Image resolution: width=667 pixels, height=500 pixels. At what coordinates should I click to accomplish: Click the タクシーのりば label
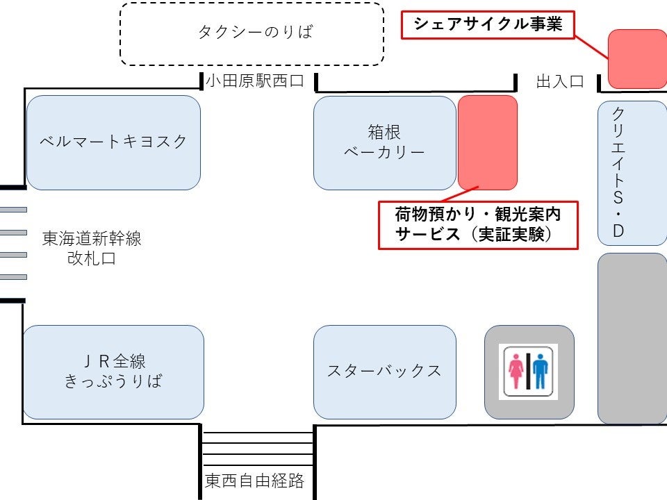[256, 32]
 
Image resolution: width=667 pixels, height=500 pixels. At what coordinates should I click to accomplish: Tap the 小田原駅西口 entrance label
[255, 81]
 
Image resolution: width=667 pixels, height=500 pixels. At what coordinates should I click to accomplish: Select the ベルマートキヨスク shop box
[113, 142]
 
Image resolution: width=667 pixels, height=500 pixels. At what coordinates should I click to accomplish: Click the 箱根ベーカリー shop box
[384, 143]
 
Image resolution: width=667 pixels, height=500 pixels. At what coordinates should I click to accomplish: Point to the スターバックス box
[384, 372]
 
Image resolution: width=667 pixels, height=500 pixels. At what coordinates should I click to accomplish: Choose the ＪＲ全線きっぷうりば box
[113, 372]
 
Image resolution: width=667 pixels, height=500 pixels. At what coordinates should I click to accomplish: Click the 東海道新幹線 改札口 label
[92, 249]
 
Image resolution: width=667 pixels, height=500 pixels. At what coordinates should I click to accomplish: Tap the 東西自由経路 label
[254, 481]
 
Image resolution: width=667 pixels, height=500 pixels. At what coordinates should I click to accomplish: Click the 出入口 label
[560, 81]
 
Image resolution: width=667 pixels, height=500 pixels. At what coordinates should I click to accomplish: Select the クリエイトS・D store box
[632, 173]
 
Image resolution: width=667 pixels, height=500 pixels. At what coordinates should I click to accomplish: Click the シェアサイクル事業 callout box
[488, 25]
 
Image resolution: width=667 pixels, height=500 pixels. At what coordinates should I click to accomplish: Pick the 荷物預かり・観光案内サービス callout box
[478, 225]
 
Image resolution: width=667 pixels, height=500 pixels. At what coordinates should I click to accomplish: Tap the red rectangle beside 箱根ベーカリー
[488, 143]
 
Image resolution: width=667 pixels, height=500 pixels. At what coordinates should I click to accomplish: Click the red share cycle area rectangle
[637, 59]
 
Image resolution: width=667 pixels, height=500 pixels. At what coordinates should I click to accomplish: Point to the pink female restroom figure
[516, 371]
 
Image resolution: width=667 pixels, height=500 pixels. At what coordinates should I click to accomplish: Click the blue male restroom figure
[541, 371]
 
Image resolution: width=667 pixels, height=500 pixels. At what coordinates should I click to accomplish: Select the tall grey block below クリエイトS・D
[632, 338]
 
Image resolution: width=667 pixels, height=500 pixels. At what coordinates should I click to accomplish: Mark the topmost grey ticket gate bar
[13, 210]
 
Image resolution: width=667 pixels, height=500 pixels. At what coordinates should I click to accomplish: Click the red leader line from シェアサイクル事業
[591, 48]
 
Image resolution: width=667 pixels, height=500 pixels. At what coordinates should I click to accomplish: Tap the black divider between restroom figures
[528, 371]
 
